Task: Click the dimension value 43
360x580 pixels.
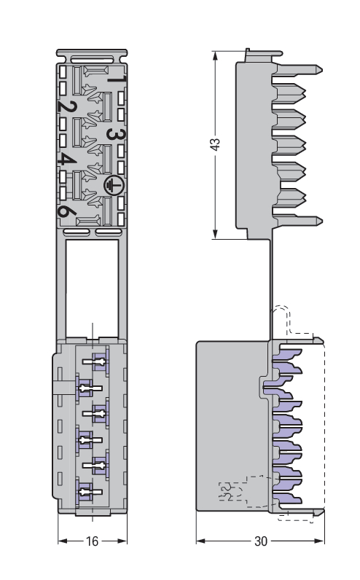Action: [215, 144]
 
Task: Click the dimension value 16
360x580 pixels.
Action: [92, 541]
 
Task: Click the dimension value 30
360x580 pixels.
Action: [261, 541]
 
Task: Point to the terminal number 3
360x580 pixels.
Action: [116, 134]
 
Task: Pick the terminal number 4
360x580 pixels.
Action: [67, 160]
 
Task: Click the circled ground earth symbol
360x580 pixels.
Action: [114, 185]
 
